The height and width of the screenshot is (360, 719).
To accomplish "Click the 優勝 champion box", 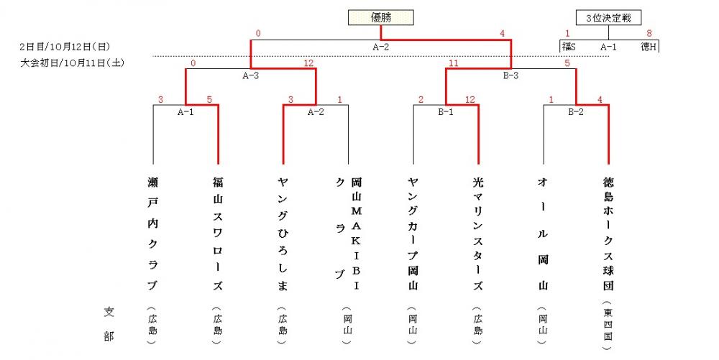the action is (380, 18).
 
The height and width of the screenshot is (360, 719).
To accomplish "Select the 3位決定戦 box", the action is (608, 18).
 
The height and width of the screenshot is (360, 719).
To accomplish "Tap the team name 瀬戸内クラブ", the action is (152, 234).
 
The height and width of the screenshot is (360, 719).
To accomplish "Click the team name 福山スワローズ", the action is (218, 234).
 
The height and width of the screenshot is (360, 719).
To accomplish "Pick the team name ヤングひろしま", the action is (283, 234).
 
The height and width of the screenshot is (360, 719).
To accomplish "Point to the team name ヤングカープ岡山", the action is (413, 234).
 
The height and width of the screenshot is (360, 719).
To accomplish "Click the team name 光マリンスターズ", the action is (478, 234).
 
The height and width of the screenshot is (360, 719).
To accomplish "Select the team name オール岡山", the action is (544, 234).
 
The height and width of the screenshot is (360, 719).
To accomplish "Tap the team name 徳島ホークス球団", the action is (608, 234).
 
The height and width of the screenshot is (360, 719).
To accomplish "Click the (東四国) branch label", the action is (608, 326).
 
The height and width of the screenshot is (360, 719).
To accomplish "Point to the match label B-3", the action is (510, 75).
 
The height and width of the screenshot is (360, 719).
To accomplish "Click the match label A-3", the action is (250, 75).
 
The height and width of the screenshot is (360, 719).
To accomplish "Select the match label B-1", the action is (445, 112).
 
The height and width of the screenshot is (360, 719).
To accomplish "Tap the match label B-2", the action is (575, 112).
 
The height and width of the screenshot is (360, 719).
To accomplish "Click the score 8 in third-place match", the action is (649, 34).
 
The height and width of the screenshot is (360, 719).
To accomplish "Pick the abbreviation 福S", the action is (569, 46).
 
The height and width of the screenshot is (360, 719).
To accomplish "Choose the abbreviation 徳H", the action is (649, 46).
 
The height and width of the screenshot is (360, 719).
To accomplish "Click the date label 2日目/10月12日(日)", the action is (65, 47).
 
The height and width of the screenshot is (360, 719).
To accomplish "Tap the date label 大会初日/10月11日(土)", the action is (72, 63).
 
